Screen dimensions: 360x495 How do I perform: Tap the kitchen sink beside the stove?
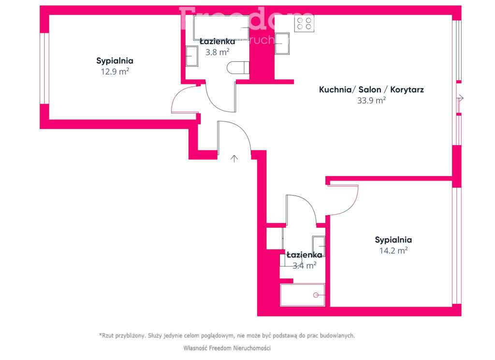282,43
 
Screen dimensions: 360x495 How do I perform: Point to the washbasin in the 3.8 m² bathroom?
192,56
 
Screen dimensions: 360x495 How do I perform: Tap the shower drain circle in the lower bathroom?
316,295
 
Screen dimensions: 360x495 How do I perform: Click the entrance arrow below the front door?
234,158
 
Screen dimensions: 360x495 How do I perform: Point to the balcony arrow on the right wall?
460,98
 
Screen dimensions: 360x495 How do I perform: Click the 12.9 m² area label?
115,71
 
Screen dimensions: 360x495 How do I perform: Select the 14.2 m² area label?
393,250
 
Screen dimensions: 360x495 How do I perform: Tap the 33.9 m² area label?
371,101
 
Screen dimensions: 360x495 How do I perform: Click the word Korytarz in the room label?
407,90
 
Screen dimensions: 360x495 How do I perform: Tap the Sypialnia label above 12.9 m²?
115,61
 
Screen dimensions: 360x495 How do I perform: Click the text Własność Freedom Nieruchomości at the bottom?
227,348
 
